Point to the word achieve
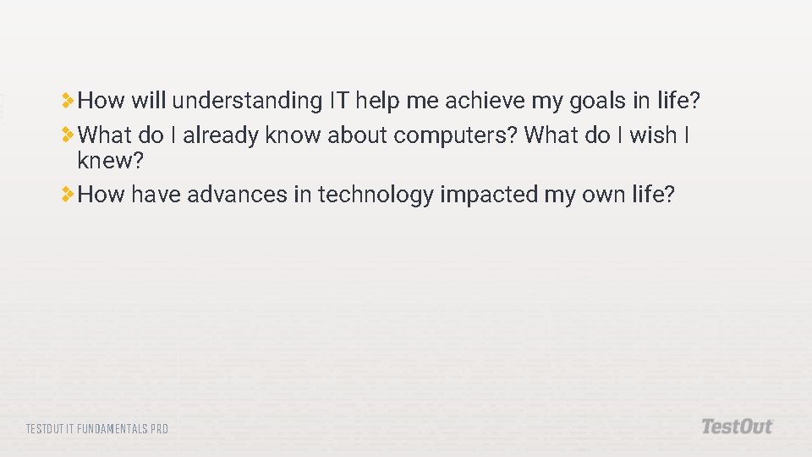point(485,102)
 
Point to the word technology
point(376,195)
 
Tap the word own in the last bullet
point(606,195)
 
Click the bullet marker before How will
point(68,102)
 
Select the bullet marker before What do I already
point(68,135)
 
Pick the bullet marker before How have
point(68,195)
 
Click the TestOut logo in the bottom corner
point(737,427)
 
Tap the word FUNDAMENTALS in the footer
point(111,429)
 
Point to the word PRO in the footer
point(159,429)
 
